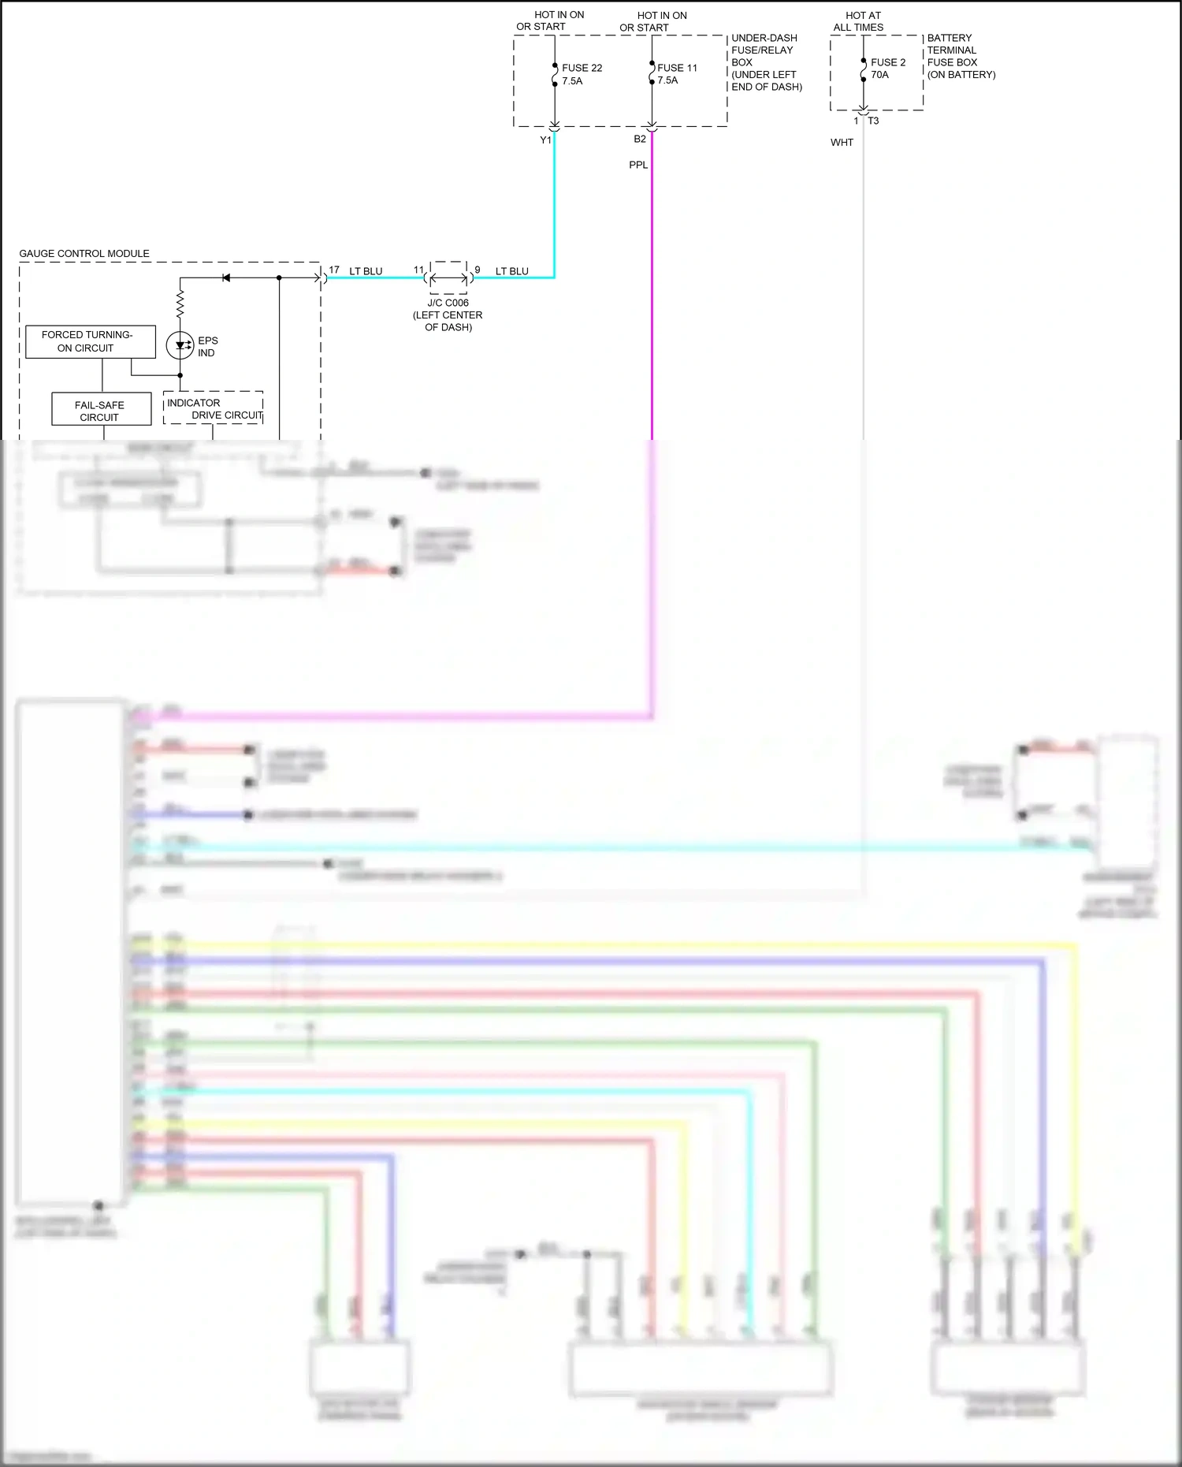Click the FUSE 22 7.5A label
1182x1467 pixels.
tap(582, 74)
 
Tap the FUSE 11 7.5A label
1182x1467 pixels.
tap(676, 74)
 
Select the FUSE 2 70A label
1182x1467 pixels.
tap(887, 69)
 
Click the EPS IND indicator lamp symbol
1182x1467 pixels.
tap(180, 345)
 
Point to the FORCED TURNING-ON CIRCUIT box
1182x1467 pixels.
tap(90, 341)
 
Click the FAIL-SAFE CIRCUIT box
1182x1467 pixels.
tap(101, 411)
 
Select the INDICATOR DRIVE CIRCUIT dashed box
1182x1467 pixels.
tap(214, 408)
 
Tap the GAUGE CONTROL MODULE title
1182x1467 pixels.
tap(84, 254)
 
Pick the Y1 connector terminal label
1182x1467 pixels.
tap(545, 140)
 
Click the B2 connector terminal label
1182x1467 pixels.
tap(640, 139)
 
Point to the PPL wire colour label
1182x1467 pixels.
tap(638, 165)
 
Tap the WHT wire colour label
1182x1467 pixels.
tap(842, 143)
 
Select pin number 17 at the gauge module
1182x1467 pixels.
tap(334, 270)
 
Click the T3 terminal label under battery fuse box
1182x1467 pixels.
tap(873, 121)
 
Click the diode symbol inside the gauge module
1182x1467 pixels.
tap(226, 277)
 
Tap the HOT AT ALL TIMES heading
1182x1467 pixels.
tap(860, 21)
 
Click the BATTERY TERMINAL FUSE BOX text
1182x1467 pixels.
tap(961, 56)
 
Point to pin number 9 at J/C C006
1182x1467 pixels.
tap(478, 270)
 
